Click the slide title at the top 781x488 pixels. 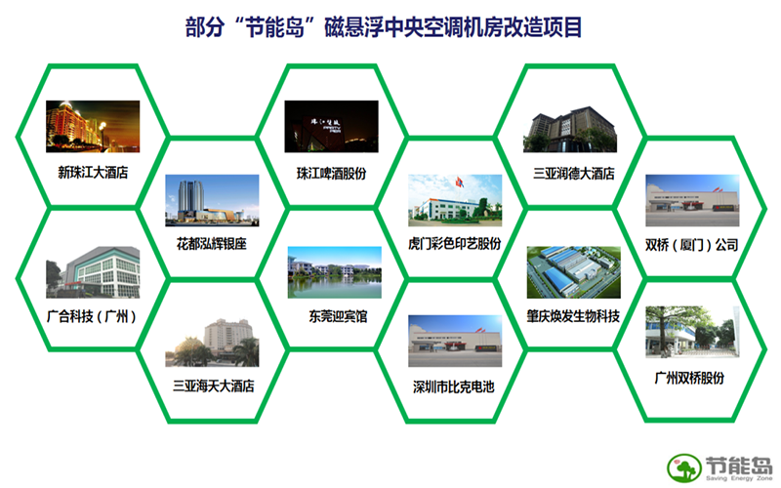[384, 27]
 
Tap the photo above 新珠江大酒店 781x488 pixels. [93, 127]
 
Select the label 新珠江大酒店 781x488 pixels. [93, 173]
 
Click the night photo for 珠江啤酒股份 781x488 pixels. [331, 127]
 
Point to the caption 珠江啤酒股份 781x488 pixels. [331, 174]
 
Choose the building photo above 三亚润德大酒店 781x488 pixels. [570, 129]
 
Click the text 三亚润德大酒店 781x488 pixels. [574, 174]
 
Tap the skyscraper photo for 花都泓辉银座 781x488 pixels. [212, 200]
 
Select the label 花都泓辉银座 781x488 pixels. [212, 243]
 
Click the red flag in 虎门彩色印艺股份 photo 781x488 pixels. [459, 183]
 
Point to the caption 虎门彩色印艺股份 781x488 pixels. [454, 243]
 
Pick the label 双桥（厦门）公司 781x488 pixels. [692, 245]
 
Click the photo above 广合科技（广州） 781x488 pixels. [93, 272]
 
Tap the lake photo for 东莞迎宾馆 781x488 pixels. [335, 272]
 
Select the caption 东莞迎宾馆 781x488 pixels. [338, 316]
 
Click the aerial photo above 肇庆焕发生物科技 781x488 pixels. [574, 272]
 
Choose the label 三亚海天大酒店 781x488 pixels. [214, 386]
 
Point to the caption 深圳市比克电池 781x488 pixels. [454, 386]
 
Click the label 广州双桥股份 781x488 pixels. [689, 378]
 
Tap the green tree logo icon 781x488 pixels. [684, 468]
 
